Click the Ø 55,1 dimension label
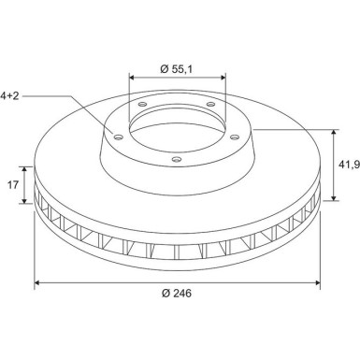point(177,69)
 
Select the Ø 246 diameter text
point(177,293)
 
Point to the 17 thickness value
point(13,185)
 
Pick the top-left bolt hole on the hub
point(142,104)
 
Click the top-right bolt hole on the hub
point(211,104)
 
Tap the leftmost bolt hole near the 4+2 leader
point(119,137)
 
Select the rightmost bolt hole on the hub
point(235,137)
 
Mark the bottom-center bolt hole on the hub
point(177,160)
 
